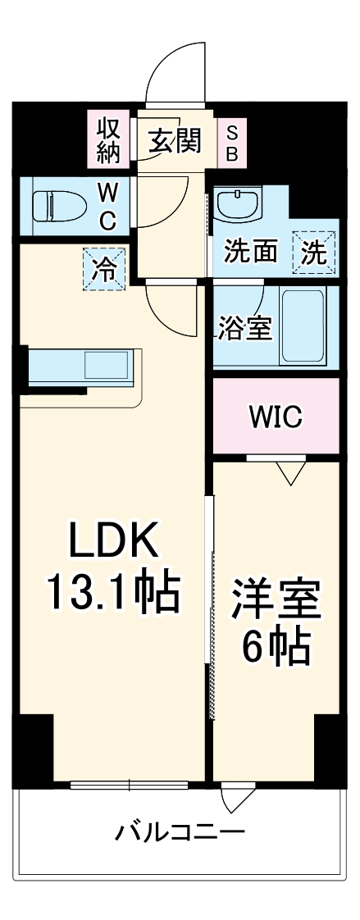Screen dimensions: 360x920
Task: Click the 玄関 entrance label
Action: click(174, 140)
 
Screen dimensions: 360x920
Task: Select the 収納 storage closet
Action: click(108, 141)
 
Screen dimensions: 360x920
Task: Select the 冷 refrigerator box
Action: click(104, 270)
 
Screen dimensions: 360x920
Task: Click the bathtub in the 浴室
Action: click(303, 326)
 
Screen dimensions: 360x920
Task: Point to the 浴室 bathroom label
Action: click(245, 329)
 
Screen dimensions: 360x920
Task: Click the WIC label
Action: click(276, 417)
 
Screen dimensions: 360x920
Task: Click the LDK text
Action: click(114, 540)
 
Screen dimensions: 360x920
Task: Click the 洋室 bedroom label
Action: click(276, 599)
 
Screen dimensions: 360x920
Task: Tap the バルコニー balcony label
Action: click(180, 831)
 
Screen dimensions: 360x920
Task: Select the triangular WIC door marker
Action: click(291, 472)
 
